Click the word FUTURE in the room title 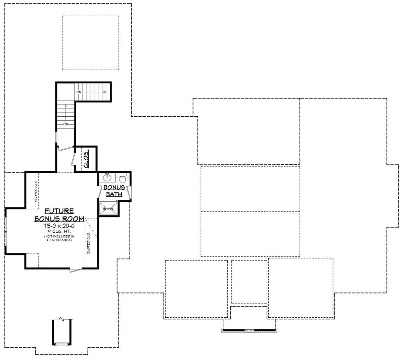pyautogui.click(x=59, y=211)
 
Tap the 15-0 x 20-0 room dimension pyautogui.click(x=59, y=226)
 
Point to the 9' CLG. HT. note pyautogui.click(x=59, y=231)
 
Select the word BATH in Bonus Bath pyautogui.click(x=114, y=194)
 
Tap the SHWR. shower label pyautogui.click(x=108, y=209)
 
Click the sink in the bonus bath pyautogui.click(x=107, y=177)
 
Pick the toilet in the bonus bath pyautogui.click(x=123, y=178)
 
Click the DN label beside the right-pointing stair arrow pyautogui.click(x=79, y=92)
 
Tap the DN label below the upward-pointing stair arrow pyautogui.click(x=65, y=124)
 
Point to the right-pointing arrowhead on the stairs pyautogui.click(x=105, y=92)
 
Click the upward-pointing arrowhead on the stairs pyautogui.click(x=65, y=106)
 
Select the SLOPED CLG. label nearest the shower pyautogui.click(x=89, y=243)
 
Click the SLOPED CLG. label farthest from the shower pyautogui.click(x=36, y=191)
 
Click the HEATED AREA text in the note pyautogui.click(x=59, y=240)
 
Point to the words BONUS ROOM pyautogui.click(x=59, y=219)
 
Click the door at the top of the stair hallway pyautogui.click(x=65, y=149)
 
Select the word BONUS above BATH pyautogui.click(x=114, y=187)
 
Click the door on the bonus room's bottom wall pyautogui.click(x=76, y=270)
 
